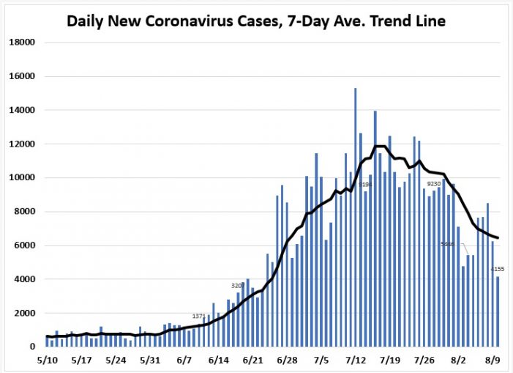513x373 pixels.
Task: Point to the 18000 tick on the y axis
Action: pyautogui.click(x=22, y=43)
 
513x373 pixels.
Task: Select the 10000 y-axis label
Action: pyautogui.click(x=22, y=178)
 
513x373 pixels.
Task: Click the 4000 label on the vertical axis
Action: pyautogui.click(x=24, y=279)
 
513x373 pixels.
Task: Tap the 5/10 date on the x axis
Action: pyautogui.click(x=47, y=361)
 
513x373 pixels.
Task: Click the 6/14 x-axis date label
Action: pyautogui.click(x=219, y=361)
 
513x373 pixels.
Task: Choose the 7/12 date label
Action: pyautogui.click(x=356, y=361)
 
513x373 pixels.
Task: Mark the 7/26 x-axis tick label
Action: pyautogui.click(x=424, y=361)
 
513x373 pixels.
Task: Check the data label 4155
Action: pyautogui.click(x=498, y=270)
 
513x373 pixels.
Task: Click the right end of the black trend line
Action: pyautogui.click(x=498, y=237)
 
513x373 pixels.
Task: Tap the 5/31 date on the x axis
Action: pyautogui.click(x=150, y=361)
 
